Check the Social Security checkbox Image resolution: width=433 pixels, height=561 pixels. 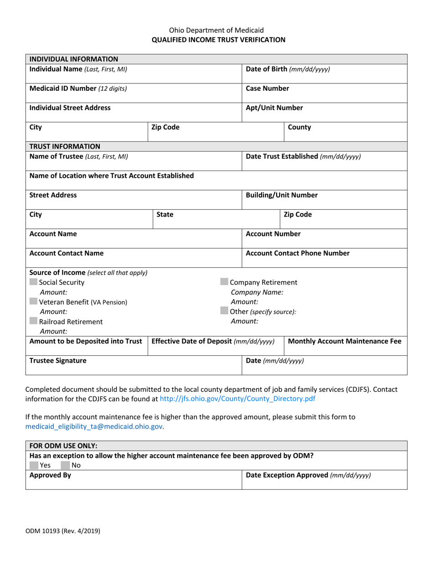[x=33, y=282]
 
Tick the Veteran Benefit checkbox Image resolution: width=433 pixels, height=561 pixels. [x=33, y=301]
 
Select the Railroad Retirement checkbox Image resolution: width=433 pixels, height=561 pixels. [x=33, y=321]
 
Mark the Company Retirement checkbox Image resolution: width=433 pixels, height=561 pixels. [x=224, y=282]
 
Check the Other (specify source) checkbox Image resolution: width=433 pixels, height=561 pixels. [x=224, y=311]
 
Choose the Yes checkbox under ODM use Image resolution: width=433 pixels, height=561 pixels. [x=33, y=465]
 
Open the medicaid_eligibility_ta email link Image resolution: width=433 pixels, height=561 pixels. [x=93, y=426]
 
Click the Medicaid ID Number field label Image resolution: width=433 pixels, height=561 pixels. [x=78, y=88]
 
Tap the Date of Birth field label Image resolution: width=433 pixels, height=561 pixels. [x=288, y=69]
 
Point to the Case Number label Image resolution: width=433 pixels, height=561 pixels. [x=267, y=88]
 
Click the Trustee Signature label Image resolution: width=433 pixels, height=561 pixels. [x=57, y=360]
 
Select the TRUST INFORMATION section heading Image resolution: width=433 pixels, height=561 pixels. [x=64, y=146]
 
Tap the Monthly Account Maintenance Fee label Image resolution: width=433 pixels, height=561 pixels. [x=345, y=341]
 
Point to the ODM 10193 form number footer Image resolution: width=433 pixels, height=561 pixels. [x=62, y=530]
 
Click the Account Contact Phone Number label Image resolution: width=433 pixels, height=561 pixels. [x=298, y=253]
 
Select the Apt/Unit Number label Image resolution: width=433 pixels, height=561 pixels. [x=274, y=108]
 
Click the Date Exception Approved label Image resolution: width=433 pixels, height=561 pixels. [x=308, y=475]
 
